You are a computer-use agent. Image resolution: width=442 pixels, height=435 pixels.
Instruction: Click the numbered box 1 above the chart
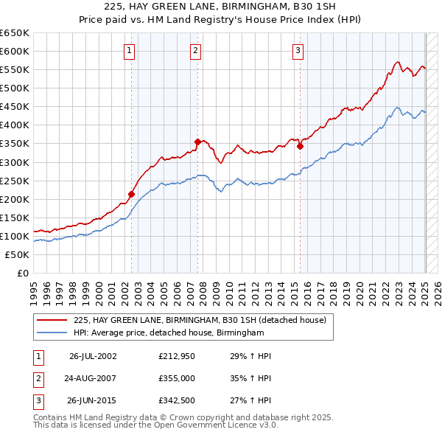click(x=130, y=51)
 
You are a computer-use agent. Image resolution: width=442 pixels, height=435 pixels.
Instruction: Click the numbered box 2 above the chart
click(x=196, y=51)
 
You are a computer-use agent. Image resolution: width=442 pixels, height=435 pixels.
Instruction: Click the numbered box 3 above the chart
click(x=298, y=51)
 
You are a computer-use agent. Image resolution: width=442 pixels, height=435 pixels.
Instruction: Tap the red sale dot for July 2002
click(x=132, y=195)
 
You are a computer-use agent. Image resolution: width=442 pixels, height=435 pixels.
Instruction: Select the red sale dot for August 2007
click(x=197, y=142)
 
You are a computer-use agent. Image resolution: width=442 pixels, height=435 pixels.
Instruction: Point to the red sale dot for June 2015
click(x=301, y=147)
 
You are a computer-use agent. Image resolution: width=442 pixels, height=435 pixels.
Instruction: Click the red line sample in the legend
click(x=52, y=320)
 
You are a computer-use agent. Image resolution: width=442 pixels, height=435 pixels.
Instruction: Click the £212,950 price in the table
click(x=176, y=356)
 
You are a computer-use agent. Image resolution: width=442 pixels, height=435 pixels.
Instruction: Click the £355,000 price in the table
click(x=176, y=380)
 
